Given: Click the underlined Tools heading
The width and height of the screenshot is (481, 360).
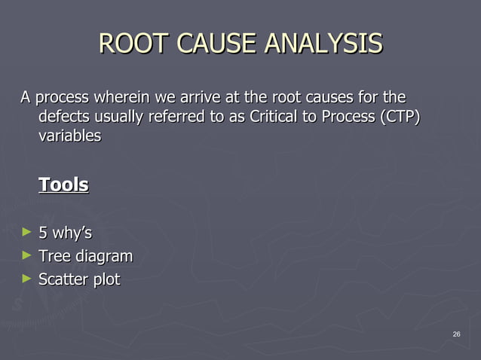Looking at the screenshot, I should coord(63,185).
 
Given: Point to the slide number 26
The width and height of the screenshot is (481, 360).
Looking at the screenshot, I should coord(456,334).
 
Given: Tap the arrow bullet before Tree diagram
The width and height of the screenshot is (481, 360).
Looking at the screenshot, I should coord(27,256).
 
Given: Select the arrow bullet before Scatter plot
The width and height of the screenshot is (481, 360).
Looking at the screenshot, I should coord(27,279).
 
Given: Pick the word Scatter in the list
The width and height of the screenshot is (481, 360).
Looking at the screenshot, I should coord(63,279).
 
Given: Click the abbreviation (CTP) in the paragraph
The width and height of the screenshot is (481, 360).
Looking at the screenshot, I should coord(397,117).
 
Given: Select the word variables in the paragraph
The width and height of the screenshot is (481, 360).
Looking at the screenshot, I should coord(69,136).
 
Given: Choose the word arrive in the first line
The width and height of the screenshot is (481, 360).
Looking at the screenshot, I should coord(201,98).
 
